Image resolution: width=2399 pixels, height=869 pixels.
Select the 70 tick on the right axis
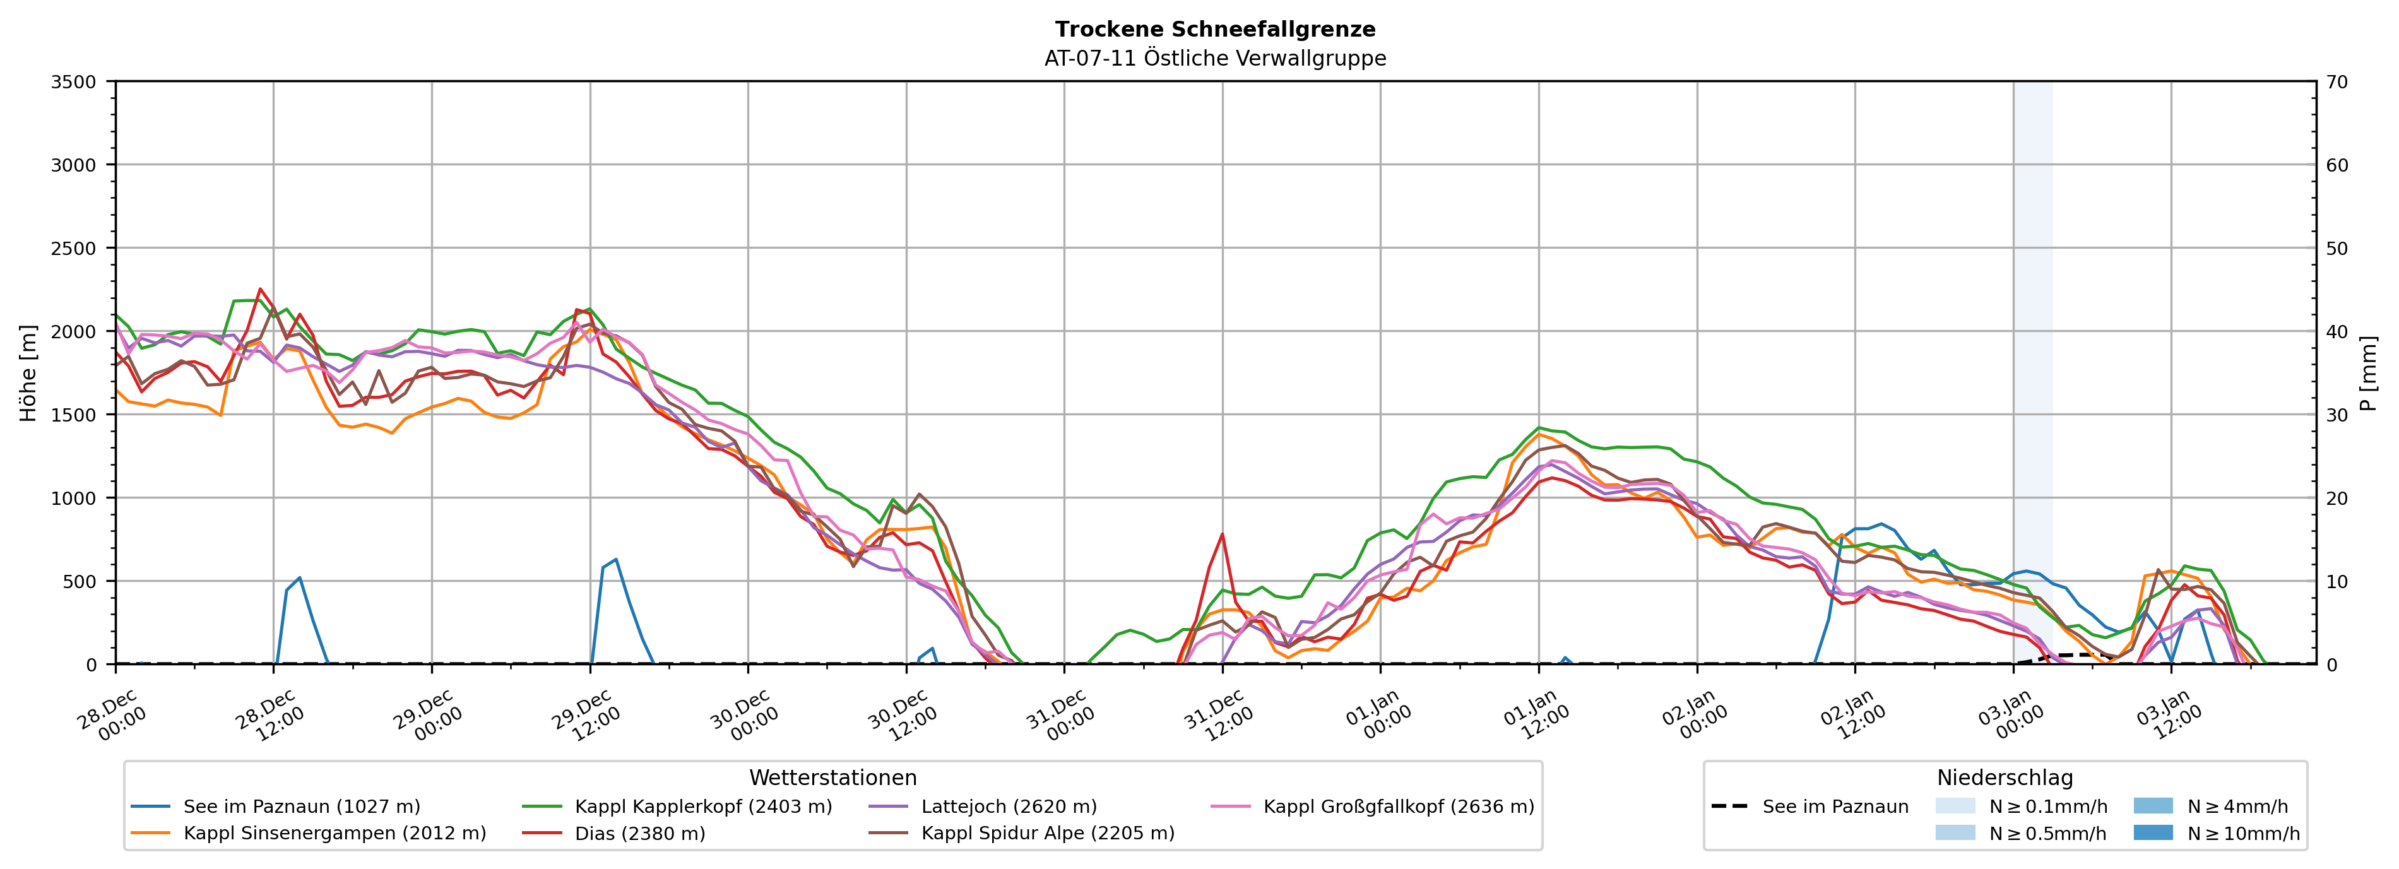click(2337, 82)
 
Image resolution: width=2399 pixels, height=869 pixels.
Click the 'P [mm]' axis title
click(2368, 372)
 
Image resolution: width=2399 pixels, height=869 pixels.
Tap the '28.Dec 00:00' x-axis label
click(112, 716)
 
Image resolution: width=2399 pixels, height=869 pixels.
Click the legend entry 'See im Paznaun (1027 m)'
click(301, 807)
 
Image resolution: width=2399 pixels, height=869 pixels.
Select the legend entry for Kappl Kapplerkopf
click(703, 807)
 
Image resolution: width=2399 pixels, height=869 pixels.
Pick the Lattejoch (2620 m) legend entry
click(1009, 807)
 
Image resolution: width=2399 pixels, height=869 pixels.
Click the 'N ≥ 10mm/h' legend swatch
click(2152, 832)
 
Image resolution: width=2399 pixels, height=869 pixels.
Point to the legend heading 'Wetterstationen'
click(832, 777)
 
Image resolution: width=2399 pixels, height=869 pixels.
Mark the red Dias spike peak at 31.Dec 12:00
click(1222, 534)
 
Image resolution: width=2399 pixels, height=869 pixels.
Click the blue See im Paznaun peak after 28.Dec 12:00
click(300, 577)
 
